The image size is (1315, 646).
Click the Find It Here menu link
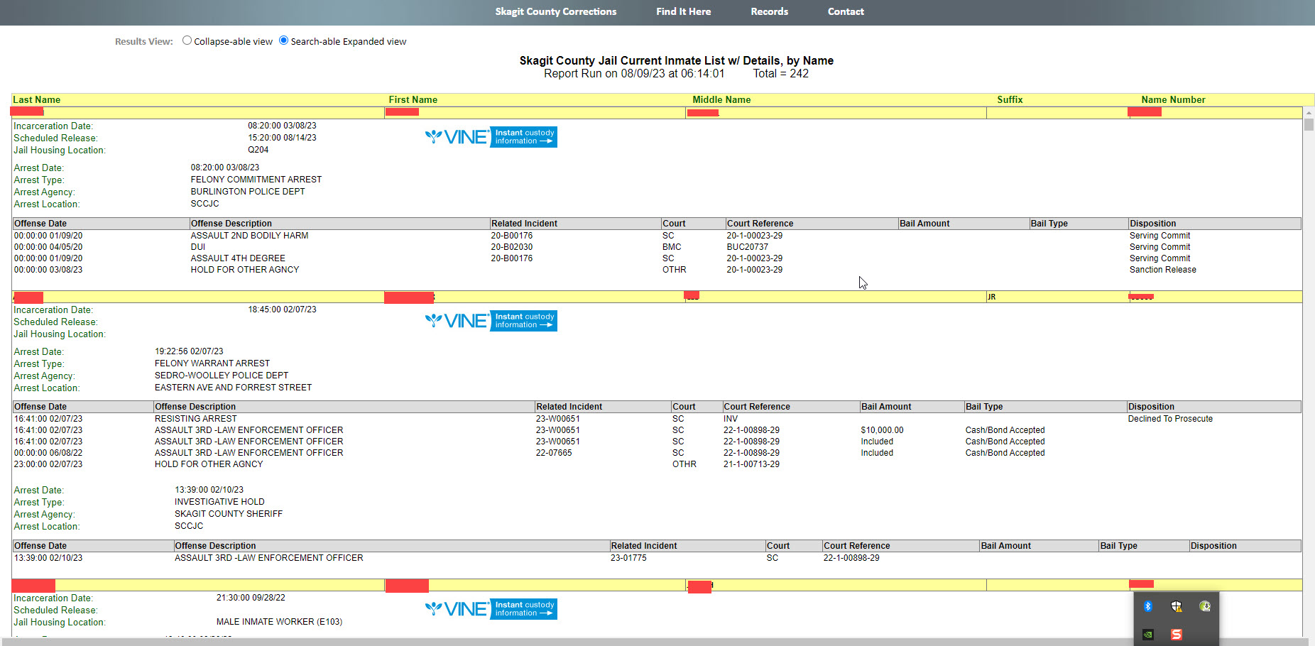pos(683,11)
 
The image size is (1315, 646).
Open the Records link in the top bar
pos(769,11)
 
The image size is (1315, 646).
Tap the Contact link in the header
pos(846,11)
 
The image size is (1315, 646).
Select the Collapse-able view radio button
pos(187,40)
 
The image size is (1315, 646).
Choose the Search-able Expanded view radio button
pos(283,40)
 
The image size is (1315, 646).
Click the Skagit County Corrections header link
pos(555,11)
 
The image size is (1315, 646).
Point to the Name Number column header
pos(1173,100)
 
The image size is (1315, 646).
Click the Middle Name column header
pos(721,100)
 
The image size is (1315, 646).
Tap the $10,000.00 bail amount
pos(882,430)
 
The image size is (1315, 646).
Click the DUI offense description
pos(198,247)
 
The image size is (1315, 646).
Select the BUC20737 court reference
pos(747,247)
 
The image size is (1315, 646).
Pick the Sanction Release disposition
pos(1162,270)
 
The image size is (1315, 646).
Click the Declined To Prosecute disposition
pos(1170,419)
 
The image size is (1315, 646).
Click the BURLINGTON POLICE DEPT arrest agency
pos(248,192)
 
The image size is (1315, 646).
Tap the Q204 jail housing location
pos(258,150)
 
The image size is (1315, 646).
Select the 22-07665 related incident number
pos(554,453)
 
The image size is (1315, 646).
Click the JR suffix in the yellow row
pos(991,297)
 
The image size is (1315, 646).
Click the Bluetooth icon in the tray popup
pos(1147,606)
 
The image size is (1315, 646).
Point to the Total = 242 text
pos(780,74)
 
